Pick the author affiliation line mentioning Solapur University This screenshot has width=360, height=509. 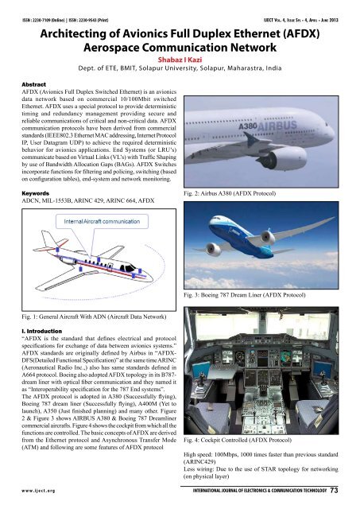point(180,68)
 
